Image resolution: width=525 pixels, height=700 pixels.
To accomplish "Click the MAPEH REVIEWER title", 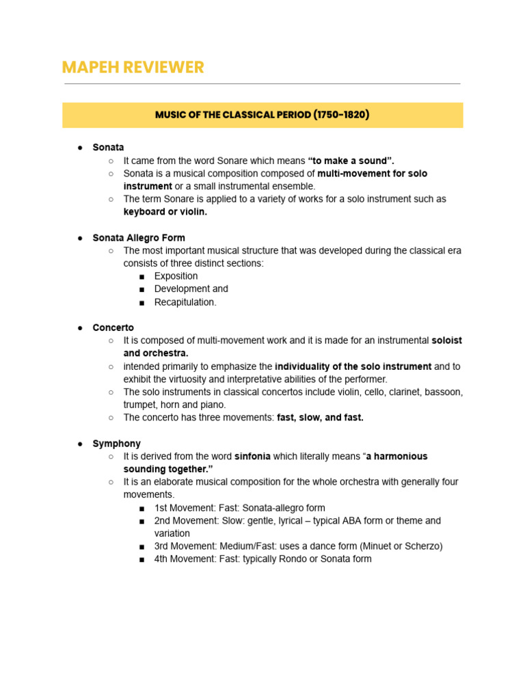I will [x=133, y=67].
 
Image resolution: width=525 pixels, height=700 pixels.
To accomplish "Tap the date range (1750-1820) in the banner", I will [x=342, y=115].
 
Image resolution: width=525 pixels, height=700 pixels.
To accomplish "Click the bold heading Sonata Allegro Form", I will [x=139, y=238].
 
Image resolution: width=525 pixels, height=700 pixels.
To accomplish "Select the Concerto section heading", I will [x=113, y=327].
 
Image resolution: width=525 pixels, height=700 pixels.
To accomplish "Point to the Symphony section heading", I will [x=117, y=444].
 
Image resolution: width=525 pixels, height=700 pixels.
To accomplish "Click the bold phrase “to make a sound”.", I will [x=351, y=161].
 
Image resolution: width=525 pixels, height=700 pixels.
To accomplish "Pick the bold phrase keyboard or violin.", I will [x=165, y=212].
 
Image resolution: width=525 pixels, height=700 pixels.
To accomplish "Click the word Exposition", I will [x=176, y=276].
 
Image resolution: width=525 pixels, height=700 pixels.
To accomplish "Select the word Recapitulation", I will [x=185, y=302].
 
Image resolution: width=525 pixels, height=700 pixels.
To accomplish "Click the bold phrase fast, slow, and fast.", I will [x=320, y=418].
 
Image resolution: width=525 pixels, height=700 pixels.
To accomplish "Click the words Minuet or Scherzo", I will [x=400, y=546].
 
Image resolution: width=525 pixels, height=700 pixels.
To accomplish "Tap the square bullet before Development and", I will [x=142, y=289].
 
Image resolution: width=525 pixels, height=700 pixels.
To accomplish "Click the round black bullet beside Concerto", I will [x=79, y=328].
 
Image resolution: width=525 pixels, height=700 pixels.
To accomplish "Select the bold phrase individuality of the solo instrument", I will [x=353, y=366].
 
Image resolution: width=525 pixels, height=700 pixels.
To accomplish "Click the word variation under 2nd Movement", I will [x=172, y=533].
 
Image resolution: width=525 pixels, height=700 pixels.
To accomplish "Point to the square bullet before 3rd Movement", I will [x=142, y=547].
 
